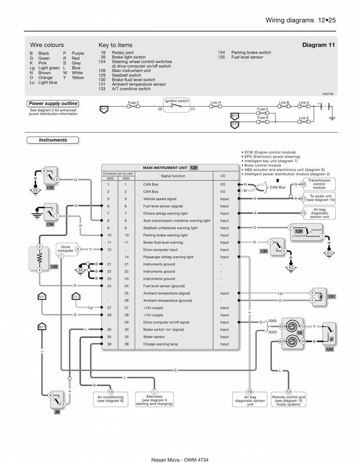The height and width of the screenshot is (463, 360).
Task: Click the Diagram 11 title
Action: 318,45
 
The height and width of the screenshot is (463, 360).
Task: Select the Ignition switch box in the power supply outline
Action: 176,105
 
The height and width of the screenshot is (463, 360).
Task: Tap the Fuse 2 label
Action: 133,103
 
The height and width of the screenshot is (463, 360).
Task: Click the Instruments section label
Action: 53,140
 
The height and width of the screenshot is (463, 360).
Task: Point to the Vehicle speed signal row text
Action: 160,199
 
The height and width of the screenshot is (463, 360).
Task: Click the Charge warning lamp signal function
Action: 161,344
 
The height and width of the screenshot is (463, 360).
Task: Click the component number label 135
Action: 54,267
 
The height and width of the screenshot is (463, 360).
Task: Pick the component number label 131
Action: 332,296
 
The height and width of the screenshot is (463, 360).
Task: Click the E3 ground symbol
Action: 329,253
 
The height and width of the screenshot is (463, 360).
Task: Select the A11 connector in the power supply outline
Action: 104,109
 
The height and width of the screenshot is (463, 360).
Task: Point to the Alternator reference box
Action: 154,398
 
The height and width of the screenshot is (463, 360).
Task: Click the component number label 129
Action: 298,231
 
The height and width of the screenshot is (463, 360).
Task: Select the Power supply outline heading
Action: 53,104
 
